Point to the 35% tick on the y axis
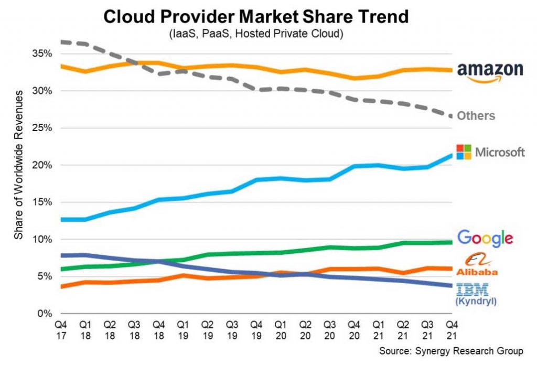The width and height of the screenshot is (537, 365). click(x=41, y=53)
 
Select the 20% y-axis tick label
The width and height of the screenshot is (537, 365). click(x=41, y=165)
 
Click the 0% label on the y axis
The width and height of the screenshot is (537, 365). click(x=44, y=314)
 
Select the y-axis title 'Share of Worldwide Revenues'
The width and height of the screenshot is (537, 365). click(x=19, y=165)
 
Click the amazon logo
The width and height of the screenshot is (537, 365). click(x=490, y=72)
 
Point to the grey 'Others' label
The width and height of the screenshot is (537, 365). click(x=476, y=116)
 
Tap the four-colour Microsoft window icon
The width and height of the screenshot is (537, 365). click(x=464, y=152)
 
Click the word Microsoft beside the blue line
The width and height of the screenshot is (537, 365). click(x=500, y=153)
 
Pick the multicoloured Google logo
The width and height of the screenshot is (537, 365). click(x=485, y=238)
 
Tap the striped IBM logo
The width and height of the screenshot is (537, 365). click(x=472, y=289)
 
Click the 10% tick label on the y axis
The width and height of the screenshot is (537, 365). click(x=41, y=240)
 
